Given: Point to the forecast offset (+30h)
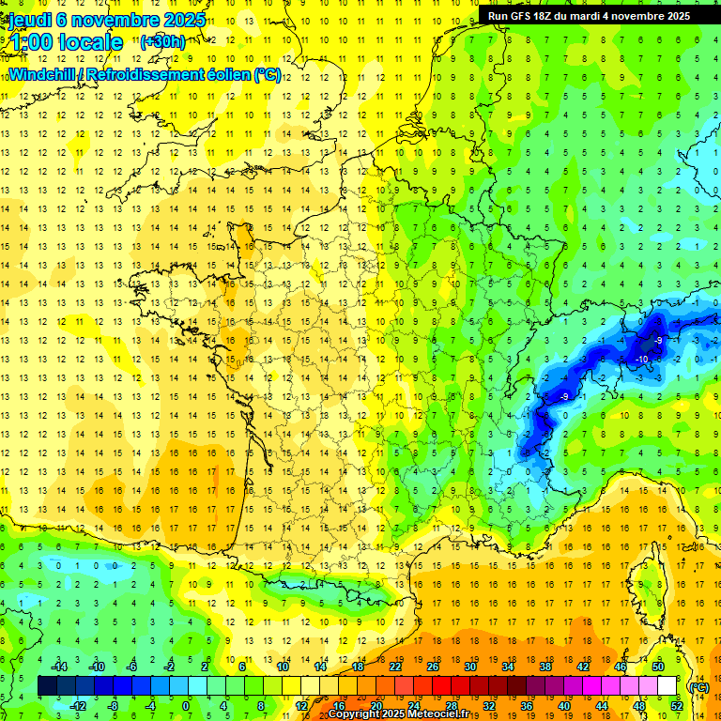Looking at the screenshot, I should click(x=162, y=42).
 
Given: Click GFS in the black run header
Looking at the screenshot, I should click(x=524, y=16).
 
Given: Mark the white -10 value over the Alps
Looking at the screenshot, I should click(x=642, y=360).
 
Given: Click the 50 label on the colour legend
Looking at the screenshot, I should click(x=658, y=667).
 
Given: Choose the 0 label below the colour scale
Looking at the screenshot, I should click(x=186, y=706).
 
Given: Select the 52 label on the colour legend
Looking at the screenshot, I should click(x=677, y=706).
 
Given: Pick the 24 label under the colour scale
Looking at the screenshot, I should click(x=413, y=706).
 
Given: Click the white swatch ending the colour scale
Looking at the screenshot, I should click(x=667, y=686).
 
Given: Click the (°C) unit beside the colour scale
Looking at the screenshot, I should click(x=699, y=686).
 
